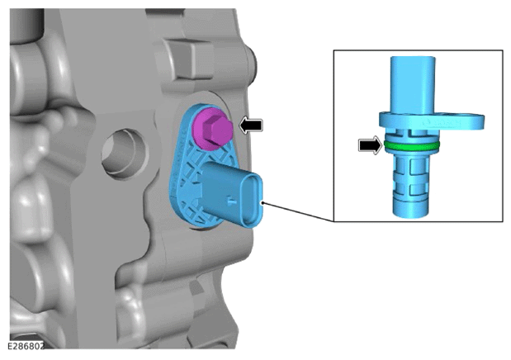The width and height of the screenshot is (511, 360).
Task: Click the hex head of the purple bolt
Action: point(216,129)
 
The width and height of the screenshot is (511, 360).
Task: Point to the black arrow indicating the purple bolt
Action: point(251,125)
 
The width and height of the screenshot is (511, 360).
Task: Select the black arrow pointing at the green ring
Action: point(370,145)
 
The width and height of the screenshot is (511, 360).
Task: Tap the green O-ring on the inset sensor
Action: point(412,146)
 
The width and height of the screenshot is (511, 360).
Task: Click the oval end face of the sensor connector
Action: point(252,200)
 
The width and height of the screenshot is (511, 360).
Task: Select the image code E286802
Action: point(26,346)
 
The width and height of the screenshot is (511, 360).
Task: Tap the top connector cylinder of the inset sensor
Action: point(413,84)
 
